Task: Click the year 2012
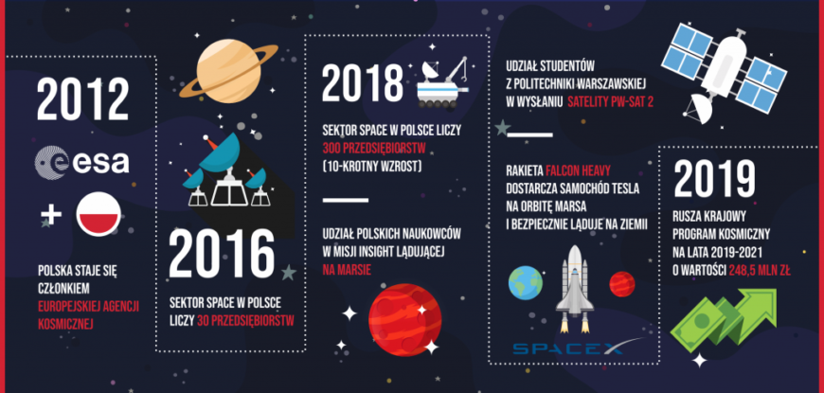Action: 82,99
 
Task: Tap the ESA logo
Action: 81,162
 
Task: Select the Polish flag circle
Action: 99,214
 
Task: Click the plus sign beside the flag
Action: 51,214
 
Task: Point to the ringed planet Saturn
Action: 228,71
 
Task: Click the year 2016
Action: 222,253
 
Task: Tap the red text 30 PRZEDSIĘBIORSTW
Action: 245,320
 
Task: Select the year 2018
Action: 362,83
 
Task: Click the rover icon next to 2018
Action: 442,82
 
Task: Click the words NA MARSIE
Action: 347,270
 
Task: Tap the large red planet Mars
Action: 404,320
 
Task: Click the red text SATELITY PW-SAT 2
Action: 610,101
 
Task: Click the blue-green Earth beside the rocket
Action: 525,282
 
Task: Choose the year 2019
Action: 715,180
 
